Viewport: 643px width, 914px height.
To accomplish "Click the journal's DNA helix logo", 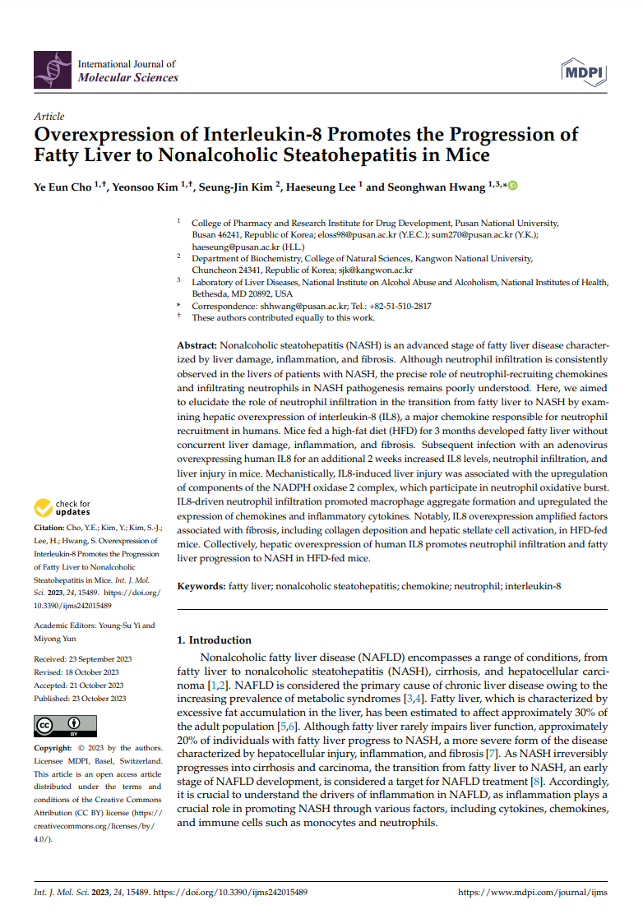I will point(51,70).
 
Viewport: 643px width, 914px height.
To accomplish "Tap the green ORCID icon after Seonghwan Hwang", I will point(513,186).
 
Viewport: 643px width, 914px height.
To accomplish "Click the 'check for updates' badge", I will point(62,509).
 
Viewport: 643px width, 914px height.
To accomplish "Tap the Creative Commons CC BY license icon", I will point(56,726).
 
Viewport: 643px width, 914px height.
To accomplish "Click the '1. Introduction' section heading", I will point(215,639).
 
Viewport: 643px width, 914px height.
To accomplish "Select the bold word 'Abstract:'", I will point(197,347).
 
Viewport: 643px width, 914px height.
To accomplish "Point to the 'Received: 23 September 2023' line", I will point(83,659).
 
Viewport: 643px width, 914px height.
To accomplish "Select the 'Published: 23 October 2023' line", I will point(80,699).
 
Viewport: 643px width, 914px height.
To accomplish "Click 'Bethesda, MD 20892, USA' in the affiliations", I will point(242,293).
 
